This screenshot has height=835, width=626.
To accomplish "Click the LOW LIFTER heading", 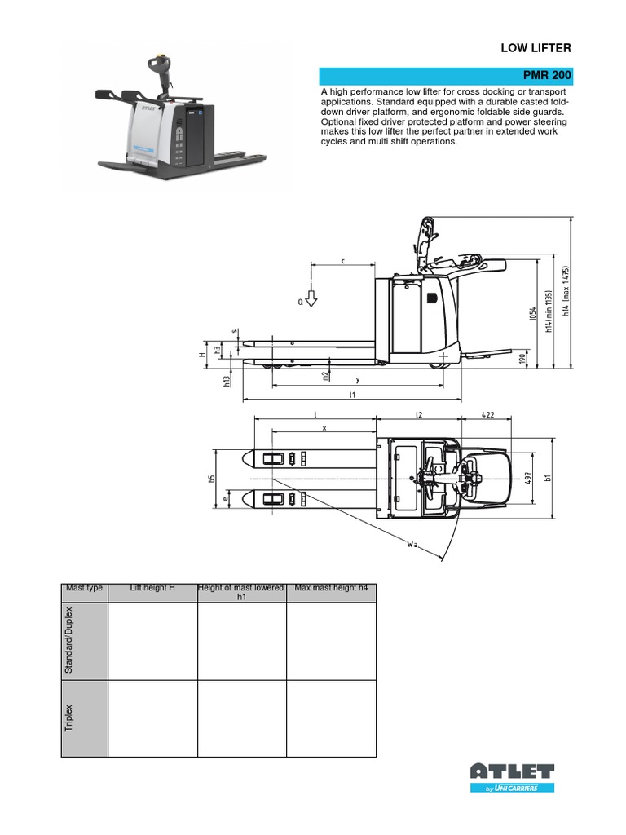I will click(x=536, y=49).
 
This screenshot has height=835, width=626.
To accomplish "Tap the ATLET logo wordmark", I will click(x=513, y=771).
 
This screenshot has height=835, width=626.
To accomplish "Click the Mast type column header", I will click(x=84, y=588).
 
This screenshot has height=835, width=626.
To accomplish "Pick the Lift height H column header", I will click(x=152, y=588).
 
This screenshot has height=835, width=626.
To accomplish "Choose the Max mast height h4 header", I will click(x=331, y=588).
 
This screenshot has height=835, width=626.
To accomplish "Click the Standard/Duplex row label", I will click(x=68, y=641).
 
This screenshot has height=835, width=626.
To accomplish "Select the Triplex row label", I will click(x=68, y=718).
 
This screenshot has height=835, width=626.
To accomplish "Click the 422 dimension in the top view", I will click(x=487, y=415).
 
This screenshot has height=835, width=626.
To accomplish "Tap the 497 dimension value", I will click(x=527, y=477).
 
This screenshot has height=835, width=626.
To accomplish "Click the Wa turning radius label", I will click(x=412, y=541).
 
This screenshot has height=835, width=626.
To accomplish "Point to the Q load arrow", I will click(x=310, y=301).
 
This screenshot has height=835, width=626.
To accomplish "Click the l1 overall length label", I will click(x=352, y=395).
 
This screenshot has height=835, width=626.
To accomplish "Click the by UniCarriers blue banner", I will click(x=513, y=788).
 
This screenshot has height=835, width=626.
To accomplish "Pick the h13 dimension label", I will click(x=227, y=380).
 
